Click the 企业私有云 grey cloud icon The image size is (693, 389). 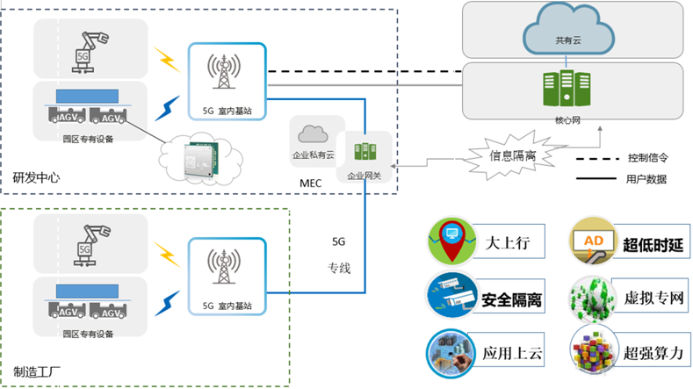click(x=313, y=134)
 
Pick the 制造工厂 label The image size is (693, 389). click(x=36, y=370)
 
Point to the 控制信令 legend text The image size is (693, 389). click(x=647, y=158)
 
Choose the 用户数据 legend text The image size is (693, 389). click(x=647, y=179)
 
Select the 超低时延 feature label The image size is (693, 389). click(x=653, y=241)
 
